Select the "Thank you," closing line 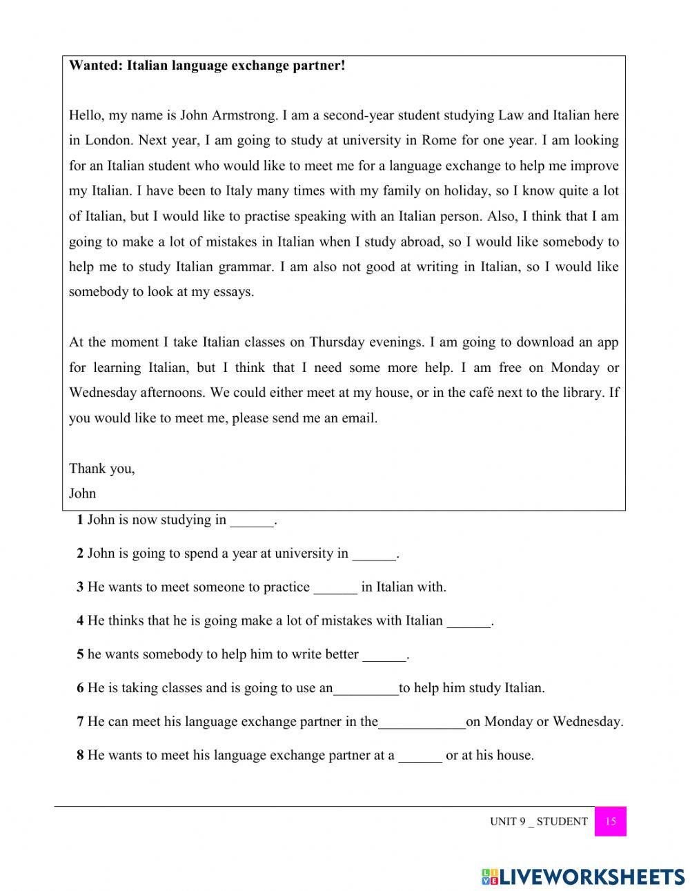pos(102,468)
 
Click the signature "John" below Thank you pos(82,493)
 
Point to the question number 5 pos(80,654)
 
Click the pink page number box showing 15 pos(610,821)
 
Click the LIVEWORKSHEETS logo pos(583,877)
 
